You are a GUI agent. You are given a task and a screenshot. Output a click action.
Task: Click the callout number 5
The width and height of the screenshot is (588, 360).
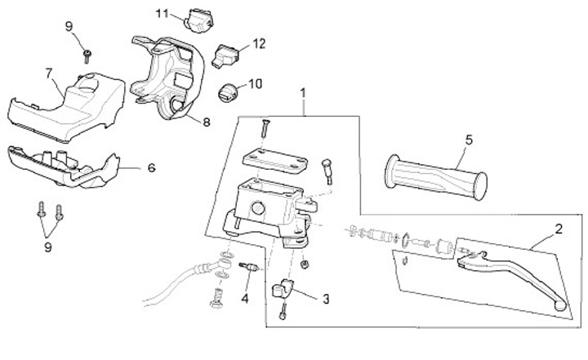click(469, 140)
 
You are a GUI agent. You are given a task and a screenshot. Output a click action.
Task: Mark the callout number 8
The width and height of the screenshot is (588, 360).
click(206, 122)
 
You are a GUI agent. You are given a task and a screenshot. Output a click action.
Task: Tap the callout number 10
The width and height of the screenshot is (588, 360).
click(255, 83)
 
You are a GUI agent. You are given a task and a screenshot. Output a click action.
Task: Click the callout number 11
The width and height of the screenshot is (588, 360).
click(162, 14)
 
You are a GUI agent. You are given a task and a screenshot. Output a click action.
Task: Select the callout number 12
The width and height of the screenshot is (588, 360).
click(259, 42)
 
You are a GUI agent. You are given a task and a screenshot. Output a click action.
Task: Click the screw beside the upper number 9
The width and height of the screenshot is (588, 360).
click(86, 55)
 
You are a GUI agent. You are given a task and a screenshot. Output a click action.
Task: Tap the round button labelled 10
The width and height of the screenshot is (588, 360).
click(228, 91)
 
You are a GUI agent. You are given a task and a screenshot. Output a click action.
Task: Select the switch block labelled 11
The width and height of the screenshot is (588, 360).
click(198, 20)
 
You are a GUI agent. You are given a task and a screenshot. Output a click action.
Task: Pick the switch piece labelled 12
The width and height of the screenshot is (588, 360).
click(226, 56)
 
